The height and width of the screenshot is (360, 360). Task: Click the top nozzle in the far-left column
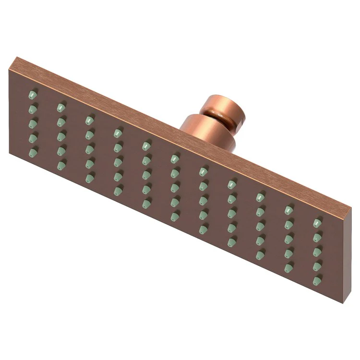(32, 94)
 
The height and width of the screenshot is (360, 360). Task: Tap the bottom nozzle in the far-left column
(32, 153)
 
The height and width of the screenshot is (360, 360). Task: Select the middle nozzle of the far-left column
(32, 123)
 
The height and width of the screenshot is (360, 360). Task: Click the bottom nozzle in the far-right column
(317, 280)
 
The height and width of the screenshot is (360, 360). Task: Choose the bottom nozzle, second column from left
(61, 166)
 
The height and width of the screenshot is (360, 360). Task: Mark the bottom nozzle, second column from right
(288, 267)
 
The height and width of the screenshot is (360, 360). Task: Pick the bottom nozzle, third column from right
(260, 254)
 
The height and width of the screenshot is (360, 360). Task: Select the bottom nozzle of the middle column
(175, 216)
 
